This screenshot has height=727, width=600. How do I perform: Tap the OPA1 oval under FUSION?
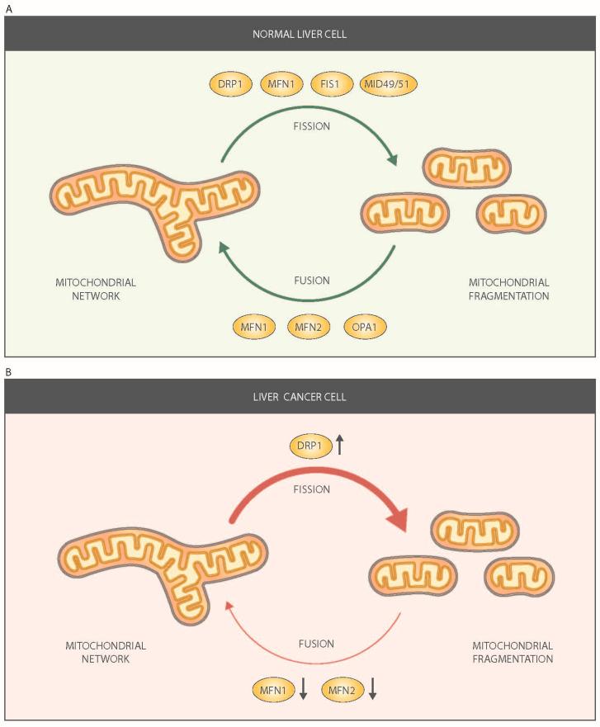(x=363, y=326)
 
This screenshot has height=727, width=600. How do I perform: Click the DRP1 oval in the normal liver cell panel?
(x=226, y=84)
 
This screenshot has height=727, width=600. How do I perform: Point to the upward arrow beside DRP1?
(x=338, y=446)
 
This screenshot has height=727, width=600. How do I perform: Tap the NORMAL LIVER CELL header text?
(x=300, y=35)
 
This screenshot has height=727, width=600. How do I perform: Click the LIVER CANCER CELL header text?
(x=300, y=397)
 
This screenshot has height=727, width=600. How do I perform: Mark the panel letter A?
(x=8, y=7)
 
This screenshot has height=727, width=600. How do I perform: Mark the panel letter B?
(x=8, y=372)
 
